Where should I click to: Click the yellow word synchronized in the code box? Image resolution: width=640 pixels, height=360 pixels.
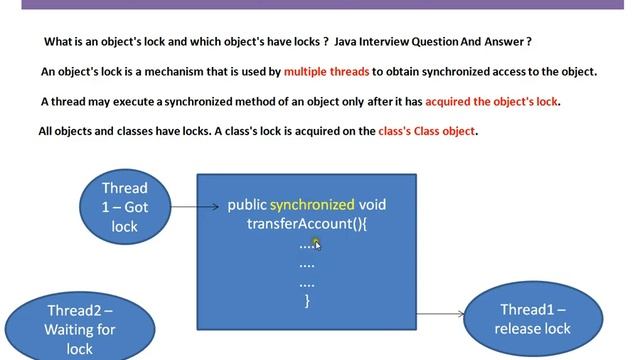point(312,204)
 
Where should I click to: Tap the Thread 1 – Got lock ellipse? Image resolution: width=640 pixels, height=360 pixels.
point(124,207)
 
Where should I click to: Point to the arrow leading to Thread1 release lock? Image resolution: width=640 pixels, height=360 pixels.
point(441,314)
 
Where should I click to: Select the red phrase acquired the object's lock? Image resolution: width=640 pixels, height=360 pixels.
point(492,101)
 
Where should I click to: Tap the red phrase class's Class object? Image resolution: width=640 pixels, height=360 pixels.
point(427,131)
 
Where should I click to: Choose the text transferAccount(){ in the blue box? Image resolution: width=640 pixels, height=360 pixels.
point(308,224)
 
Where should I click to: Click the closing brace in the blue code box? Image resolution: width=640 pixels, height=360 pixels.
point(307,299)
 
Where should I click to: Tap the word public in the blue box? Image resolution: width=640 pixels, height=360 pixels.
point(247,204)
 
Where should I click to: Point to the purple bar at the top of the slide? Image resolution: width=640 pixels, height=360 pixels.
point(320,4)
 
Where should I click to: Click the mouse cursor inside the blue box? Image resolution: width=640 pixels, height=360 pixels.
point(315,242)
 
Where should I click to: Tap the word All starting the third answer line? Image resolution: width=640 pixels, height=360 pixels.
point(48,131)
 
